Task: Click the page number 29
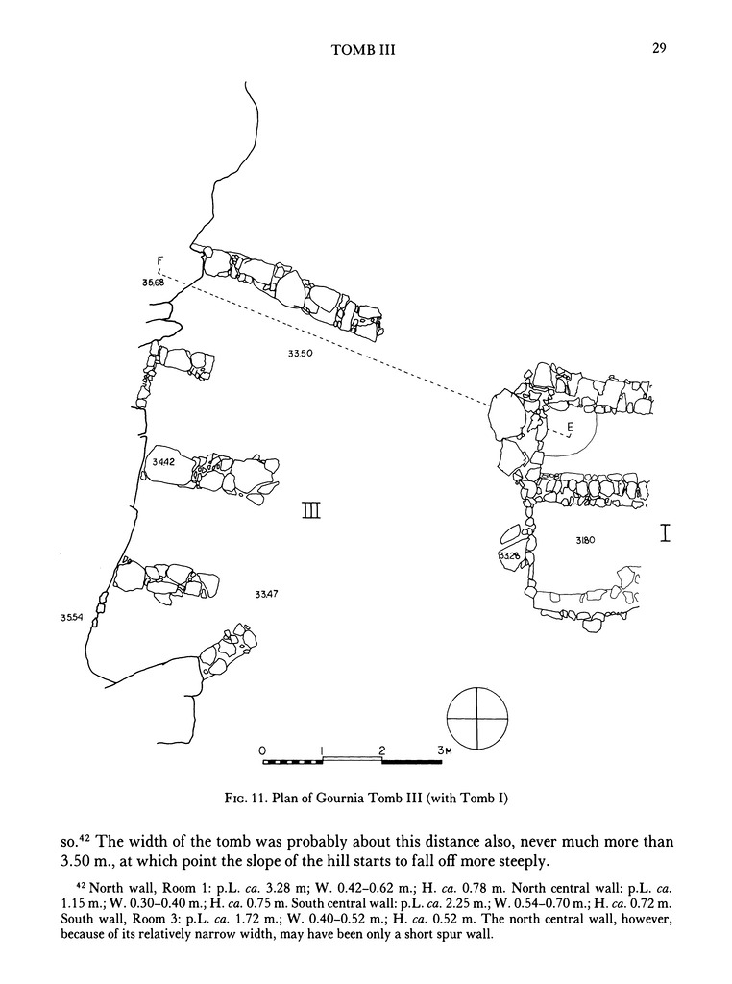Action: coord(659,49)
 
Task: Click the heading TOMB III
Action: coord(363,51)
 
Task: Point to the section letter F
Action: coord(159,258)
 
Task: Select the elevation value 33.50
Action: coord(301,354)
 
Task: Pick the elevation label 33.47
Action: coord(266,595)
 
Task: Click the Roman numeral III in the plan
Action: coord(311,512)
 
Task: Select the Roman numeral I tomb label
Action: coord(664,533)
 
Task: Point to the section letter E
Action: coord(570,427)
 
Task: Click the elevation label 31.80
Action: coord(586,541)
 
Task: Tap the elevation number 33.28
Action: coord(509,556)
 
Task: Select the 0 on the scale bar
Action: coord(262,749)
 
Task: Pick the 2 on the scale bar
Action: coord(382,749)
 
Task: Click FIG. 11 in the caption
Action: coord(244,798)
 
